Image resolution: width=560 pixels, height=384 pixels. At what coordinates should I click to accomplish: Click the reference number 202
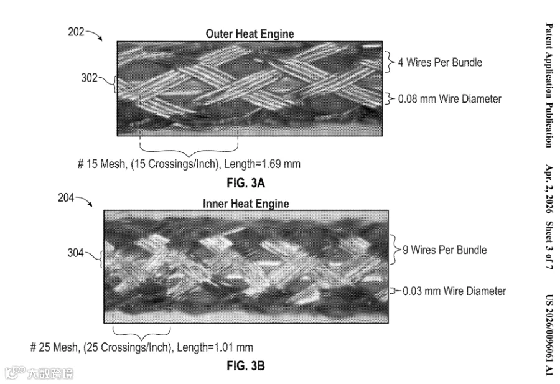(76, 32)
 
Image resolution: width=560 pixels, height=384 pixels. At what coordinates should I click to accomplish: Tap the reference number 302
(89, 78)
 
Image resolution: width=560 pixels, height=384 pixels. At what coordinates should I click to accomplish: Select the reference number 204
(66, 197)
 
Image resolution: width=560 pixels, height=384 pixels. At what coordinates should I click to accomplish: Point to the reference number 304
(76, 253)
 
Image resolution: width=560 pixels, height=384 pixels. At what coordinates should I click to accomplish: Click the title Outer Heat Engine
(250, 34)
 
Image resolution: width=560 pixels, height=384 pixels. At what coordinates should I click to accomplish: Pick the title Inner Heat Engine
(246, 204)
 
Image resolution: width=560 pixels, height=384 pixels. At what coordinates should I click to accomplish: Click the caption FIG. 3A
(246, 183)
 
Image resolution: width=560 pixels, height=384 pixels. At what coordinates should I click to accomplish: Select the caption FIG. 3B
(246, 366)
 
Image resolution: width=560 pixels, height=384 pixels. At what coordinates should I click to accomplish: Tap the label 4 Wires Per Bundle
(440, 62)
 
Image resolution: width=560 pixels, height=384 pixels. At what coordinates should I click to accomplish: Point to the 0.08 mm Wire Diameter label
(450, 98)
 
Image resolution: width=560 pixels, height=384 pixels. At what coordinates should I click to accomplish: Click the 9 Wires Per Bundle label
(445, 250)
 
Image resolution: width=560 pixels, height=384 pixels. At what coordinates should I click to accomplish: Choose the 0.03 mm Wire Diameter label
(454, 291)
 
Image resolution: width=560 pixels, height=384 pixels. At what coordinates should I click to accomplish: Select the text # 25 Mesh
(54, 347)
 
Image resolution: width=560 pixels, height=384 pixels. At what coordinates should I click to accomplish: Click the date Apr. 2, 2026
(549, 189)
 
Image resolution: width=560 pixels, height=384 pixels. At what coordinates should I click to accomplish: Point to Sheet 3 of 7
(549, 245)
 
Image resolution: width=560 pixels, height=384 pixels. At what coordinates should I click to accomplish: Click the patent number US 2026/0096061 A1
(549, 335)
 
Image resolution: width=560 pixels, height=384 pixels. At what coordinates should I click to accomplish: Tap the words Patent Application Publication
(549, 85)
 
